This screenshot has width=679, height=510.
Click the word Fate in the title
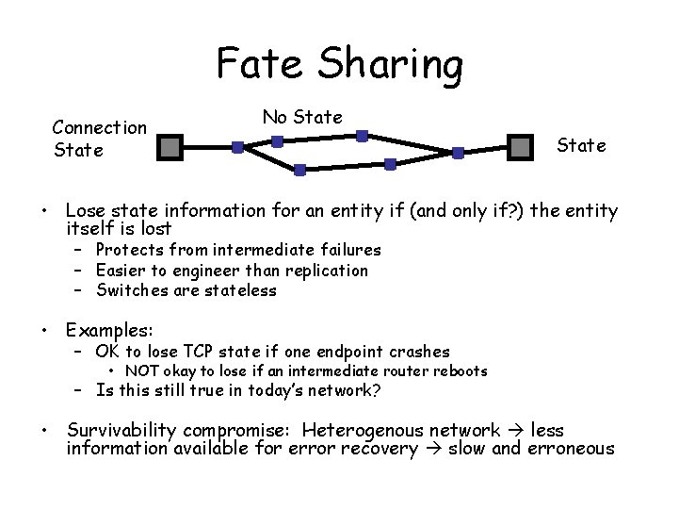click(261, 64)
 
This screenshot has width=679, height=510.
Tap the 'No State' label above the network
click(302, 117)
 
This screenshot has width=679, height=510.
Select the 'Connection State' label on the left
click(99, 138)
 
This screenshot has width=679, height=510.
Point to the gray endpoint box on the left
click(170, 147)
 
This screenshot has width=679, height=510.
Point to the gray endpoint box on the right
click(521, 147)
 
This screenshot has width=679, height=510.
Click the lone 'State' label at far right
click(581, 145)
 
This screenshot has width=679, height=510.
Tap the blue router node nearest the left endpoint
click(237, 147)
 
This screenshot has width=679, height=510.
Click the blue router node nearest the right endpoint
click(458, 152)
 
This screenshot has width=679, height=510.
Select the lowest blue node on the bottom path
click(299, 171)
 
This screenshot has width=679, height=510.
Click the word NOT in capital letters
click(141, 371)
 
